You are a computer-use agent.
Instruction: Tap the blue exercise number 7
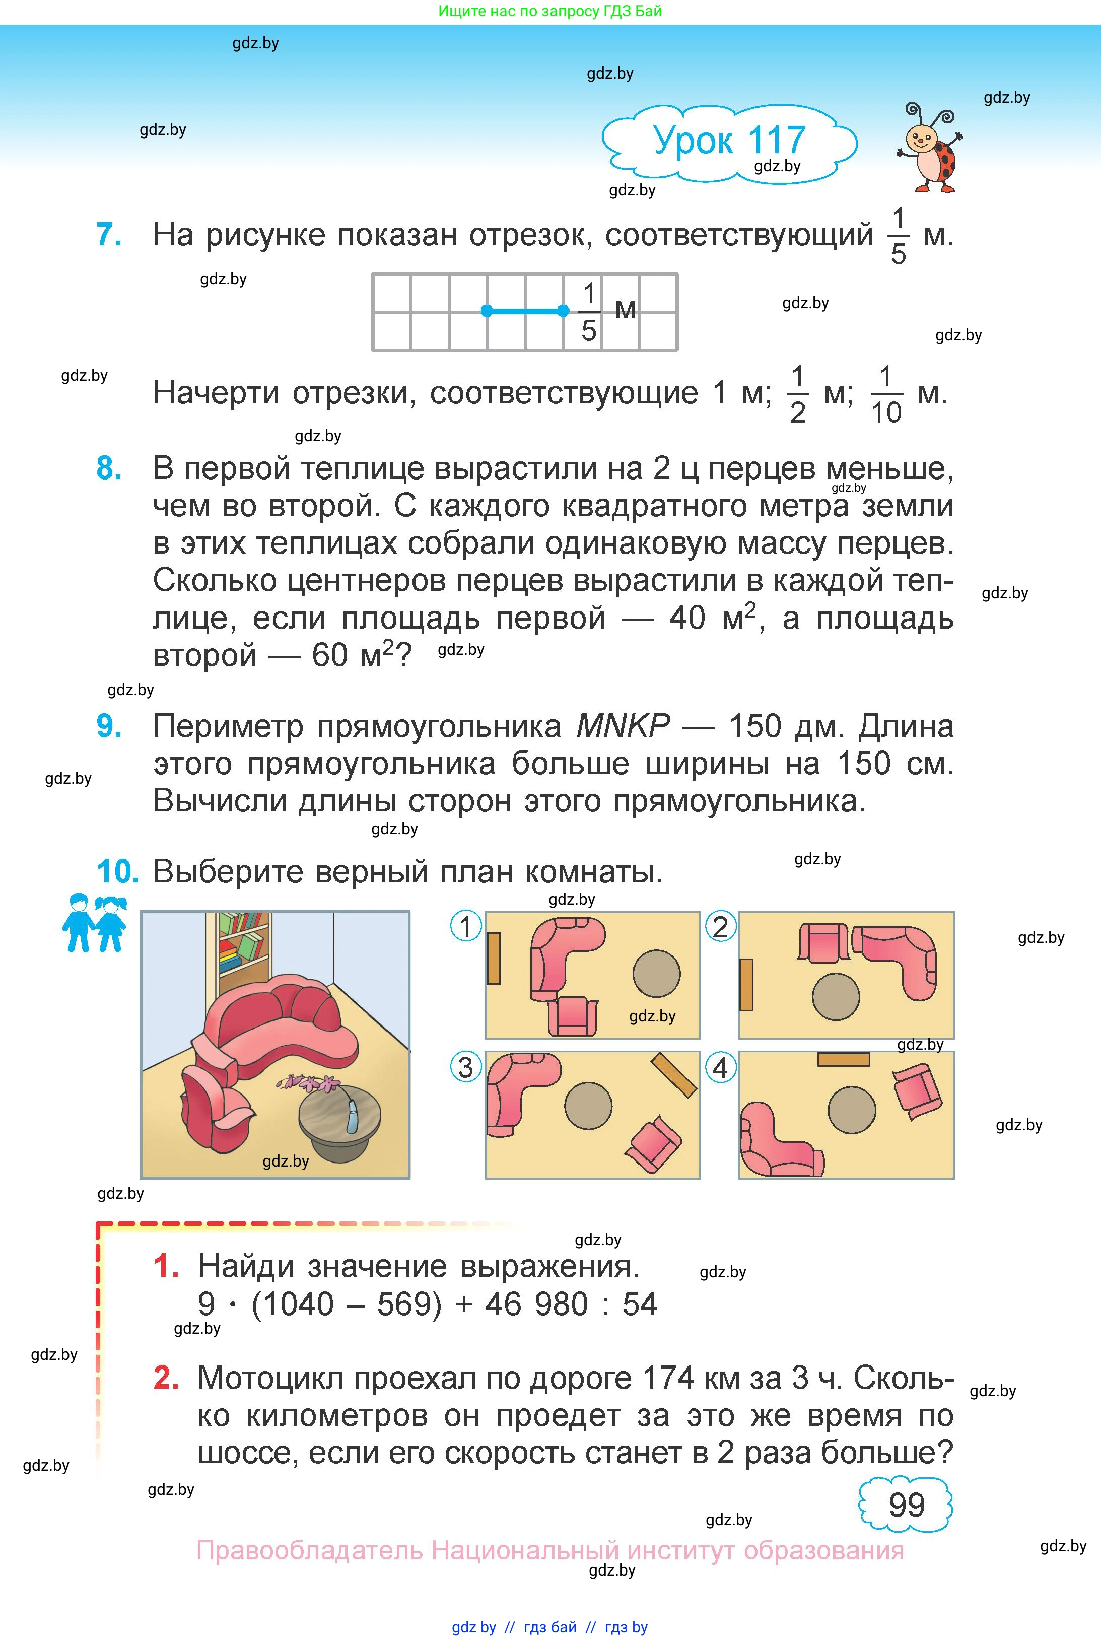point(108,235)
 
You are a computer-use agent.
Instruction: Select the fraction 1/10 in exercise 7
point(885,394)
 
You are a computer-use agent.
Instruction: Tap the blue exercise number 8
point(108,469)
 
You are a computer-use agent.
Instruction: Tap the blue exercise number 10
point(117,872)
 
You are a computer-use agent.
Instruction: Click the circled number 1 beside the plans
point(465,927)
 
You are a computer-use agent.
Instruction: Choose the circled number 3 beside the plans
point(465,1068)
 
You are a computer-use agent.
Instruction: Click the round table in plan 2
point(836,996)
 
